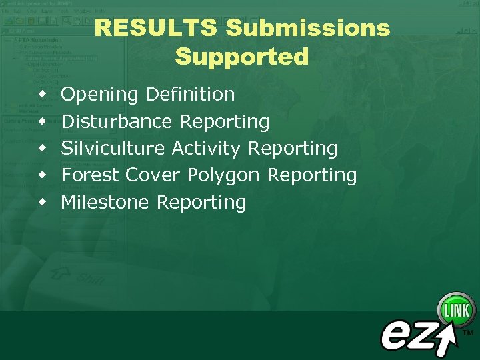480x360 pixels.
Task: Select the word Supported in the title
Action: coord(242,57)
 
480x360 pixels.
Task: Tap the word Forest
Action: coord(90,175)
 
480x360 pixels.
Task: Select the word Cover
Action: coord(153,175)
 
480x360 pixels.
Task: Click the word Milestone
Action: coord(105,202)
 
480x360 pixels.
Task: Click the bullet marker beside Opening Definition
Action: coord(43,95)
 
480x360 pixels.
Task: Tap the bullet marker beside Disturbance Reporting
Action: coord(43,121)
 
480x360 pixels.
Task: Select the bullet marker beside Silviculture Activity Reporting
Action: coord(43,148)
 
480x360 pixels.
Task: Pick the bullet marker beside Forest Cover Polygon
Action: coord(43,175)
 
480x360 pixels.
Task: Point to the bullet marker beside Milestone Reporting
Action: coord(43,201)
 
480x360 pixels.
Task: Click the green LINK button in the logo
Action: coord(456,310)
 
